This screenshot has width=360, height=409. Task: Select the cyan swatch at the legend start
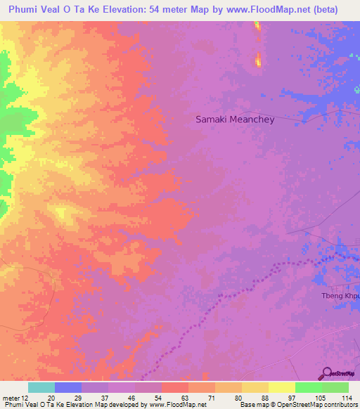pyautogui.click(x=41, y=387)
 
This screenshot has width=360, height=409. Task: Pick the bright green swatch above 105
pyautogui.click(x=308, y=387)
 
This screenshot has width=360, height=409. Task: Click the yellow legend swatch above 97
pyautogui.click(x=281, y=387)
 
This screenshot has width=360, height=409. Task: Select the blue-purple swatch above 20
pyautogui.click(x=68, y=387)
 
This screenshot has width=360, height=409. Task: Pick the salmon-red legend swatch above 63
pyautogui.click(x=175, y=387)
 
